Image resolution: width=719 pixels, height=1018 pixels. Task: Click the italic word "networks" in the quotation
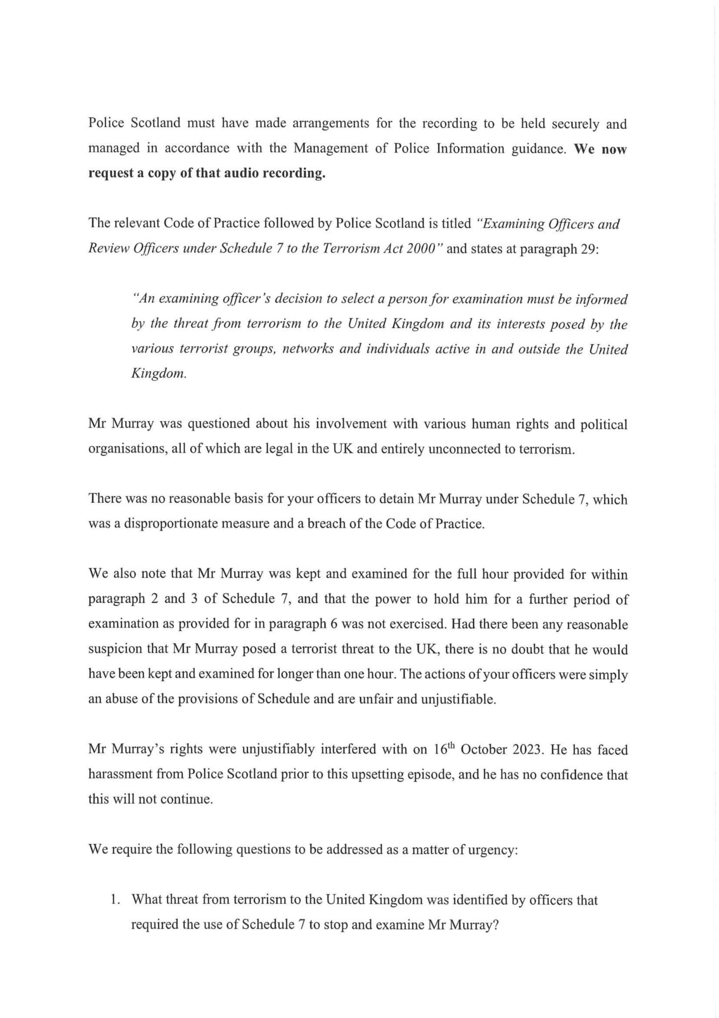point(303,349)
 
